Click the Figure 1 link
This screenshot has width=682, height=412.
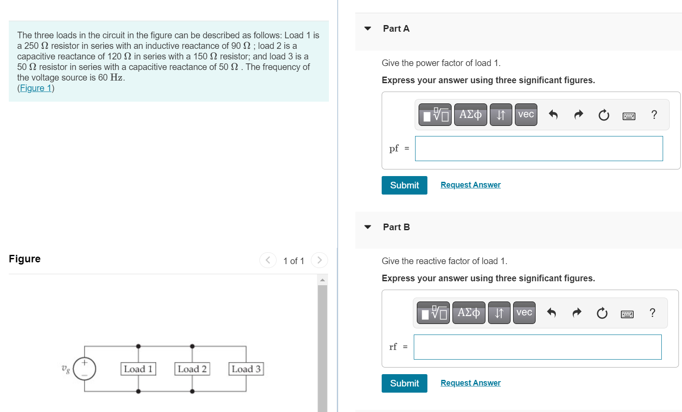36,88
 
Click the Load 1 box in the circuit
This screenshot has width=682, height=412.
138,369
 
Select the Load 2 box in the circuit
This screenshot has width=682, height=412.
192,369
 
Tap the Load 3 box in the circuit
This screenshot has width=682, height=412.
246,369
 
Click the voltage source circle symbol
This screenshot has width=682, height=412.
84,368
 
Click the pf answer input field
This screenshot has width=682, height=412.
539,149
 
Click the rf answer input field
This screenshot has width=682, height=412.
537,347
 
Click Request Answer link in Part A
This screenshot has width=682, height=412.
470,185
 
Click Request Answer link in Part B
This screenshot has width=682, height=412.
470,383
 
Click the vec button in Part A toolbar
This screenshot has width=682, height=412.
526,115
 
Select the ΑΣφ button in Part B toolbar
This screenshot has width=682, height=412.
469,313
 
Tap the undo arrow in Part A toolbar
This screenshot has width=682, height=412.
553,115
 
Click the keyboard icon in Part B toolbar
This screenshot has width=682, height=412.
627,314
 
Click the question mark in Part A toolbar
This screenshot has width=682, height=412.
654,115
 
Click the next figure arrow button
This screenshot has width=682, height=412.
319,260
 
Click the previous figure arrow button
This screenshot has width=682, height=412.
268,260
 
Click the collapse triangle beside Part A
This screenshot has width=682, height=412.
368,29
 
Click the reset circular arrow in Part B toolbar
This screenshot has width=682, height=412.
602,313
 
